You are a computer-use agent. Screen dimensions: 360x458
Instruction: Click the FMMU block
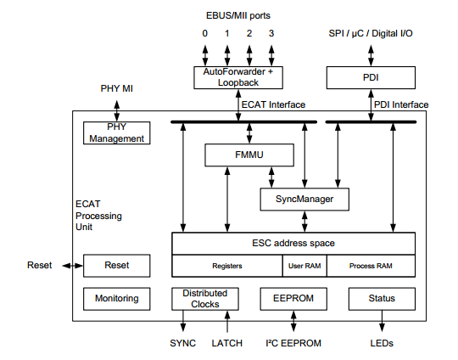[249, 155]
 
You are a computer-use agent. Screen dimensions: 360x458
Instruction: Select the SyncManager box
[304, 200]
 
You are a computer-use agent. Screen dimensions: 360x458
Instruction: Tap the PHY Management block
[117, 132]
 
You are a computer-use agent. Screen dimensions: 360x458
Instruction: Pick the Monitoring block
[117, 299]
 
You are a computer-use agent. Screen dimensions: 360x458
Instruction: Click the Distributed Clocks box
[201, 299]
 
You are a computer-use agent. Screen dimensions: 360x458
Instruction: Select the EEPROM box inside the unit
[293, 299]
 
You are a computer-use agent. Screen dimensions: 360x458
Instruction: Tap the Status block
[382, 299]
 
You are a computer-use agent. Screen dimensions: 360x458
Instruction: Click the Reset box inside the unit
[117, 265]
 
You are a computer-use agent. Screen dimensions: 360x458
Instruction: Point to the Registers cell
[226, 266]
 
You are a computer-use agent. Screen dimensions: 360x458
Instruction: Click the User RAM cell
[304, 266]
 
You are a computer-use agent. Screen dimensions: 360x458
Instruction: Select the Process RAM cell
[371, 266]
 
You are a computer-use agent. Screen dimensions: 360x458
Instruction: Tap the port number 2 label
[249, 33]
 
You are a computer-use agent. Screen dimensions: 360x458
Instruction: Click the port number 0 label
[204, 33]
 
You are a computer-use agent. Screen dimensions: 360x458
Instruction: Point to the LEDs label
[382, 343]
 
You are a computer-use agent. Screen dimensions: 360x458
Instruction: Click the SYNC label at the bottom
[182, 343]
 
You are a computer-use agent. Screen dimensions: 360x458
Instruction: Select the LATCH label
[226, 343]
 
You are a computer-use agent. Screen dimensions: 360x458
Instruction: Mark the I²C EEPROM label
[293, 343]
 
